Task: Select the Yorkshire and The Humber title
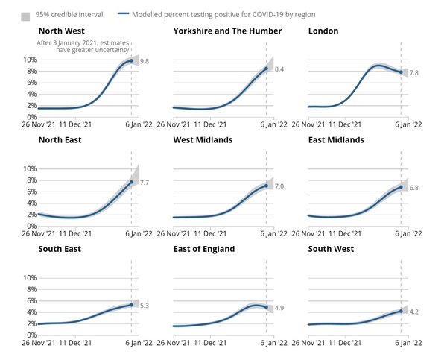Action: click(x=227, y=31)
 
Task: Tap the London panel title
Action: click(x=323, y=31)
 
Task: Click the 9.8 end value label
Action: click(x=145, y=61)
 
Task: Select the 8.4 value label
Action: click(x=280, y=69)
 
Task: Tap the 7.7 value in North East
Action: click(x=145, y=183)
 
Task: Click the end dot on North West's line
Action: click(x=131, y=61)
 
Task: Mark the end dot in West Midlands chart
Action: click(x=266, y=186)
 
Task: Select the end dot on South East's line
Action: click(x=131, y=304)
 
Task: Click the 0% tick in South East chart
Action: click(x=30, y=335)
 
